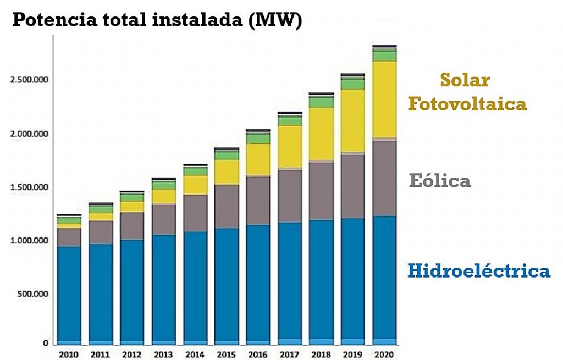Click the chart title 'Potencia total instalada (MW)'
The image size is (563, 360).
point(157,20)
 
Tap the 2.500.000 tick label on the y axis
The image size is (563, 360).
point(29,80)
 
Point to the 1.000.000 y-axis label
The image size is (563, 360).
point(29,241)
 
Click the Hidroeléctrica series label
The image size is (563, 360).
point(478,270)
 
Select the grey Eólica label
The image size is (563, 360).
point(440,181)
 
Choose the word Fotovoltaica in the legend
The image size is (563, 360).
point(467,104)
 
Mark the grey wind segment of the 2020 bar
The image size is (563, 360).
point(384,178)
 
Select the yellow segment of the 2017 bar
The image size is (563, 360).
point(290,146)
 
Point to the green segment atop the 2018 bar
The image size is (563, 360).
point(321,103)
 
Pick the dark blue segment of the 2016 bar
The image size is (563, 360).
point(258,283)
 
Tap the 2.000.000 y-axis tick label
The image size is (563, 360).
point(29,134)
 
